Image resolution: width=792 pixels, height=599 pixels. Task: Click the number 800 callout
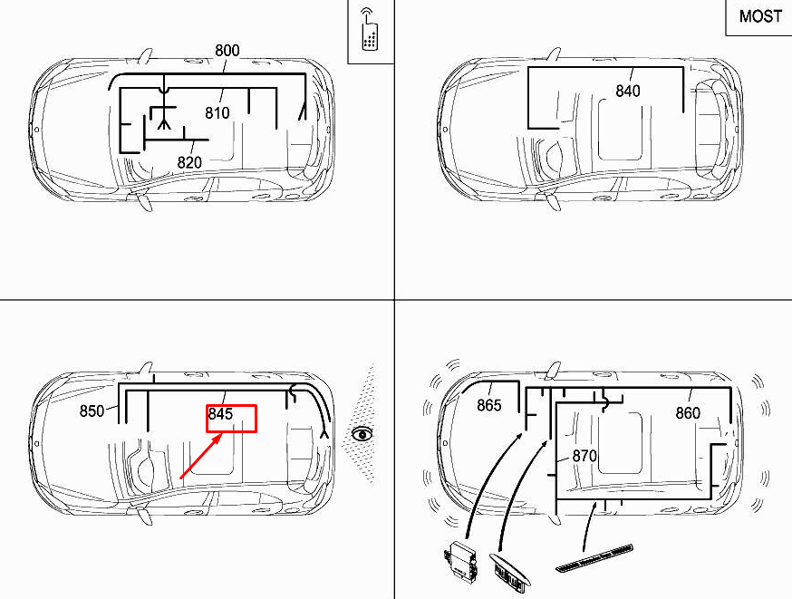[227, 51]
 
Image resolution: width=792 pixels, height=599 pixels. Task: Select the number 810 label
[217, 113]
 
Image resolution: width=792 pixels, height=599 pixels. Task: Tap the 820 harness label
[189, 162]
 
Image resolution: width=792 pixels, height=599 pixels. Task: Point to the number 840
[627, 91]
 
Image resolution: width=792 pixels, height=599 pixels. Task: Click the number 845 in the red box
[221, 414]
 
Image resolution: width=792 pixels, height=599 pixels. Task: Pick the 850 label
[92, 411]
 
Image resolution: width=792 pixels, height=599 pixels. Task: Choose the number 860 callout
[688, 413]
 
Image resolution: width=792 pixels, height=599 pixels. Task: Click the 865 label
[489, 405]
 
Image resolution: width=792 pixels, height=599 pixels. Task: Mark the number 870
[584, 456]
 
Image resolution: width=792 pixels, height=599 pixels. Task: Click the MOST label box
[759, 17]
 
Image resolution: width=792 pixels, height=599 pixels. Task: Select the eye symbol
[363, 434]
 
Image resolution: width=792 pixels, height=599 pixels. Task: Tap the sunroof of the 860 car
[622, 444]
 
